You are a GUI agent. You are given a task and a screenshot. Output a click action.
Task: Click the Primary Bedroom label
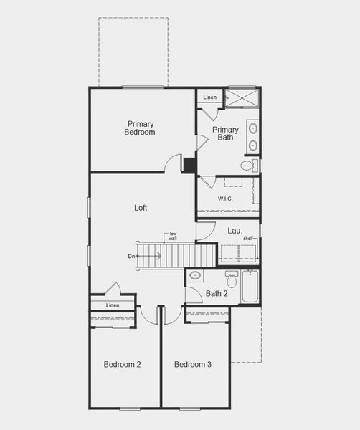point(140,128)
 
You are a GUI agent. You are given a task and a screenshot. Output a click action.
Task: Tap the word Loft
point(141,208)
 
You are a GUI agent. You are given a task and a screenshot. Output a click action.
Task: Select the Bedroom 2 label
point(123,364)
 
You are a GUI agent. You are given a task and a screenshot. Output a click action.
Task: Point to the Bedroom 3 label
point(193,364)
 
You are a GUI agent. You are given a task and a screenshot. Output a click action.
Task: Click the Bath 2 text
point(217,293)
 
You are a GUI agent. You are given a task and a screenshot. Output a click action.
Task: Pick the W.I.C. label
point(225,199)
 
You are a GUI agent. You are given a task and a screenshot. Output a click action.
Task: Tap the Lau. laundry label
point(235,231)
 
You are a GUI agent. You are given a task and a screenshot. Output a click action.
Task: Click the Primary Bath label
point(225,133)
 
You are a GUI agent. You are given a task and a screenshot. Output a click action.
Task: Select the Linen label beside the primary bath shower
point(210,97)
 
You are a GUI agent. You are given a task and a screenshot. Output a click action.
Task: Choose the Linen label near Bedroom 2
point(113,305)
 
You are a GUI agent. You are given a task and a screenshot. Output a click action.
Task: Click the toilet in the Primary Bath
point(249,165)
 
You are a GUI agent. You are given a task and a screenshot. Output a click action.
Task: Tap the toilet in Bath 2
point(232,279)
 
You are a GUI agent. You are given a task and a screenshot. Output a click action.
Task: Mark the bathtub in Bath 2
point(250,286)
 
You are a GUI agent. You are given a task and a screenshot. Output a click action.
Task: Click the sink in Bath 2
point(195,275)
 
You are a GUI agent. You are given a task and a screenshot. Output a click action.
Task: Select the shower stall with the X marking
point(242,97)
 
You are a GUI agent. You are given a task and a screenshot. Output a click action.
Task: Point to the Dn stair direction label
point(131,256)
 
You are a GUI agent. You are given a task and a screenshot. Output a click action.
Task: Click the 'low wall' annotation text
point(173,236)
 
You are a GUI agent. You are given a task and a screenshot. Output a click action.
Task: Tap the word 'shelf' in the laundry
point(248,239)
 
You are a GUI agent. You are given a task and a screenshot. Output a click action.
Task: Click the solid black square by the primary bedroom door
point(189,166)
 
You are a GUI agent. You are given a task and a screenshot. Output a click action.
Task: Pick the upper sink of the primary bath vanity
point(252,128)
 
